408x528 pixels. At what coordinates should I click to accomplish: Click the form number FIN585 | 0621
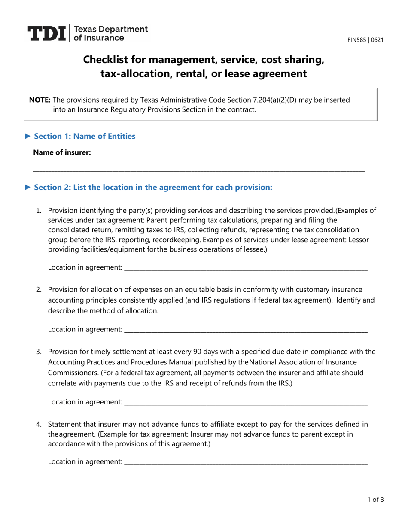click(365, 40)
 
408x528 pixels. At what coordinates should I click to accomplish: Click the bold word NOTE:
click(40, 100)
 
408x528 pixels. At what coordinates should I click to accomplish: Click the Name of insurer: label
click(62, 152)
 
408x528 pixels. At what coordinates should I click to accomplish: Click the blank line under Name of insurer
click(198, 170)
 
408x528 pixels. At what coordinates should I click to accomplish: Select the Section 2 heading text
click(153, 187)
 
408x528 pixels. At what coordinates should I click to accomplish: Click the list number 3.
click(38, 352)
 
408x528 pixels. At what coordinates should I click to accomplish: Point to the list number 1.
click(38, 211)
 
